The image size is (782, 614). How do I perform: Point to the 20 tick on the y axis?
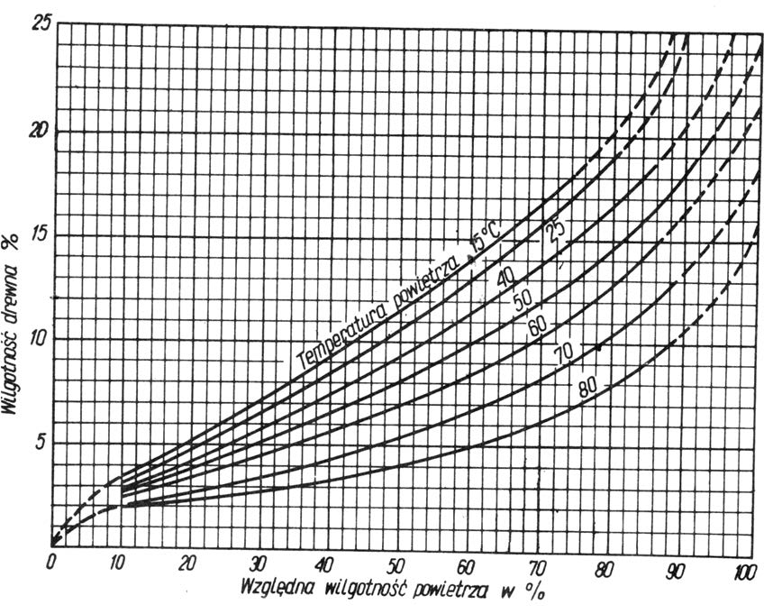[x=38, y=131]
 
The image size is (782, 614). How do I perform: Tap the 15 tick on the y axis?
[x=38, y=234]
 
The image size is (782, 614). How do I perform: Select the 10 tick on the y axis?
[x=38, y=338]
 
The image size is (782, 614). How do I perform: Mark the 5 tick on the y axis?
[x=41, y=442]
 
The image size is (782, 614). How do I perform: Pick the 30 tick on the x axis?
[x=259, y=563]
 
